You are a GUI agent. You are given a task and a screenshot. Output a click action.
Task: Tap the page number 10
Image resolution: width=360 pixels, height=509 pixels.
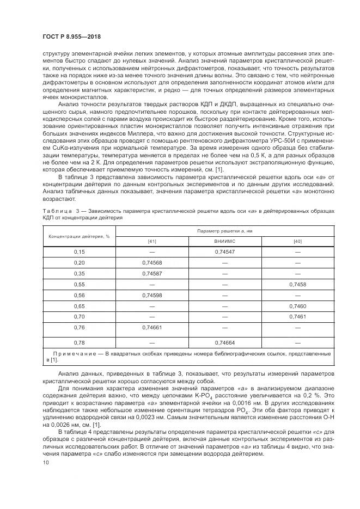tap(45, 462)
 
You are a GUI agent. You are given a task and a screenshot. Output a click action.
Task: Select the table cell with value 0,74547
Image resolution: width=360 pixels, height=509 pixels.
tap(224, 252)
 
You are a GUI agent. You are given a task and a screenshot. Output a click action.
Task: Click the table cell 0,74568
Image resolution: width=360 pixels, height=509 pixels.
tap(152, 262)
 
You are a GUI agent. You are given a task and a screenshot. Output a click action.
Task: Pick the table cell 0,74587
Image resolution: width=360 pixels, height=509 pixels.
tap(152, 273)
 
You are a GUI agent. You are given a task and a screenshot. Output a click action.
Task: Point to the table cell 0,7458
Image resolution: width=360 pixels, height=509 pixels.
tap(297, 284)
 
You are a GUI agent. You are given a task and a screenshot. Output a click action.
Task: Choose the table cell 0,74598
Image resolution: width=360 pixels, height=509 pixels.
tap(152, 295)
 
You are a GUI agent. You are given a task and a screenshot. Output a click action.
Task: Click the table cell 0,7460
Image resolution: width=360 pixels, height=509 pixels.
tap(297, 306)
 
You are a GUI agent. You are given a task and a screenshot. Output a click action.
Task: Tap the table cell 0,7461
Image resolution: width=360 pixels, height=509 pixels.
tap(297, 316)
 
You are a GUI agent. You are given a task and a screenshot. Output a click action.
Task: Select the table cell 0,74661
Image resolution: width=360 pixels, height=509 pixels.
tap(152, 328)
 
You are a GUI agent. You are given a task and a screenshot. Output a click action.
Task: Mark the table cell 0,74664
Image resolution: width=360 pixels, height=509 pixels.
tap(224, 343)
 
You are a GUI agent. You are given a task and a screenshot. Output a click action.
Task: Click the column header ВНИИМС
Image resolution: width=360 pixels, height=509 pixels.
tap(224, 241)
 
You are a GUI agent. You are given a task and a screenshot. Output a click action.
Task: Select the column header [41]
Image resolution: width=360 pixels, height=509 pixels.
tap(152, 241)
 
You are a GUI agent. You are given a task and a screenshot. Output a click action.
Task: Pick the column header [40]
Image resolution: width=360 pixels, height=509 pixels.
tap(297, 241)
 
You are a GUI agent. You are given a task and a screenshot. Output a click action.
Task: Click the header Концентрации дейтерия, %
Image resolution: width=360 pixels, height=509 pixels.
tap(80, 236)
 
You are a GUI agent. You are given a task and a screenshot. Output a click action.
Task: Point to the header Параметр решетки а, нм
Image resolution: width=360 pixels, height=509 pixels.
tap(224, 231)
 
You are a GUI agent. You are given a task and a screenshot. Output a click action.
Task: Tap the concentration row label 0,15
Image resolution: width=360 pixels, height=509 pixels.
tap(80, 252)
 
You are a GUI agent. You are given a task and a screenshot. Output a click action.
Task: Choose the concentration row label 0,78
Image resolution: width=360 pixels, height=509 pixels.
tap(80, 343)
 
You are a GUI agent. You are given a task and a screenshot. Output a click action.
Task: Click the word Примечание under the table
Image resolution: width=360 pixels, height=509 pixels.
tap(73, 354)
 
